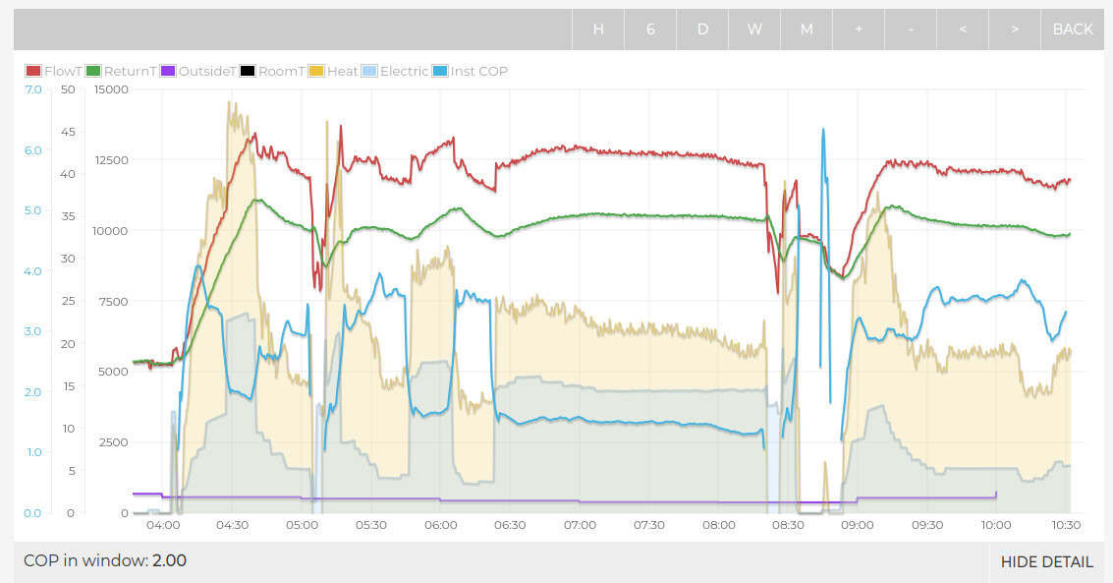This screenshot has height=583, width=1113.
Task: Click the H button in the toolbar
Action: click(598, 29)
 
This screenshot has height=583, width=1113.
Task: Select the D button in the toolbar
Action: click(702, 29)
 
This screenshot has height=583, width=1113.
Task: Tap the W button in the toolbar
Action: click(754, 29)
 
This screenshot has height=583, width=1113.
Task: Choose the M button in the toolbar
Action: click(807, 29)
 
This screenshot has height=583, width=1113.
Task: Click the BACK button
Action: click(1072, 29)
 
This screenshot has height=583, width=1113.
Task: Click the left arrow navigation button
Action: click(963, 29)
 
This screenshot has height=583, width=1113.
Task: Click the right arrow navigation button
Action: click(1015, 29)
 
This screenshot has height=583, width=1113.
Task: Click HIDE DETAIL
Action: click(1046, 562)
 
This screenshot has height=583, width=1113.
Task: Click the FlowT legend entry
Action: click(55, 71)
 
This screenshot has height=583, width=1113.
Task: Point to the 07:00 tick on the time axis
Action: click(581, 525)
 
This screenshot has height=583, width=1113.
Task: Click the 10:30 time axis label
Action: click(1066, 525)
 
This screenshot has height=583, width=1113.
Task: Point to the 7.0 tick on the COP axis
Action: click(33, 89)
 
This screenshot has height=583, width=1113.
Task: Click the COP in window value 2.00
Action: click(169, 561)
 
